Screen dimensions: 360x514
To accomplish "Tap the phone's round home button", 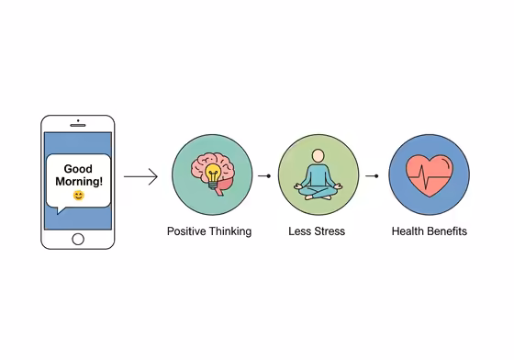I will (78, 239).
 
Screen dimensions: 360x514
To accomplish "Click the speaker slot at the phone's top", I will (78, 124).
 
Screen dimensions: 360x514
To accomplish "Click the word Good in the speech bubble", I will (78, 169).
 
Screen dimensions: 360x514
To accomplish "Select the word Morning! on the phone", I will (78, 182).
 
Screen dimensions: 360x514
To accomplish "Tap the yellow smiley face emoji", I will (78, 196).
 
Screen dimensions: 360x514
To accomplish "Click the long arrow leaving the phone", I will (140, 176).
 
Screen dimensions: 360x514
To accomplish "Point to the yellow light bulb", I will (213, 172).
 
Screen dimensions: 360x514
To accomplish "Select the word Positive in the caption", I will (187, 231).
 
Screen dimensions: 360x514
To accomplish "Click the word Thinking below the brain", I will (230, 231).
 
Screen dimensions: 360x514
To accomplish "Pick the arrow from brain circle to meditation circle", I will (263, 174).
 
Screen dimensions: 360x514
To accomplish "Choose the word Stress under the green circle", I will (328, 231).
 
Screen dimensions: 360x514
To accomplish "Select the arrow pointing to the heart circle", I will (370, 174).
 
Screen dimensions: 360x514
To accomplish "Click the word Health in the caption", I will (408, 231).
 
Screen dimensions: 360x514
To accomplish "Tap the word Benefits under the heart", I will (447, 231).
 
